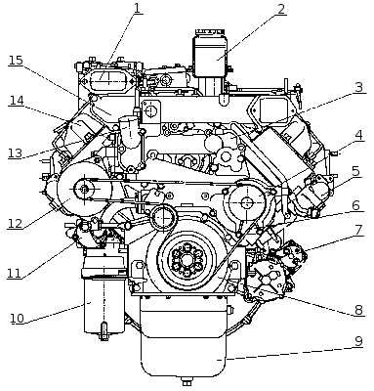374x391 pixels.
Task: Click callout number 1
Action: tap(138, 8)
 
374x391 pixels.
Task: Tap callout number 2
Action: tap(281, 9)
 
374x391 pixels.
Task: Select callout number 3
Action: tap(358, 87)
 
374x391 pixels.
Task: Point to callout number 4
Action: tap(358, 135)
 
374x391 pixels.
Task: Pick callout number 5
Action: tap(355, 171)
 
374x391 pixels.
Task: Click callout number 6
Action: tap(355, 205)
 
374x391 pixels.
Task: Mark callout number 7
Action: tap(358, 230)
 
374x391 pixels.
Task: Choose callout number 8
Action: tap(358, 310)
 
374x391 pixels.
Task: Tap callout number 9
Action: tap(358, 341)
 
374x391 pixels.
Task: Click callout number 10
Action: tap(18, 318)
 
